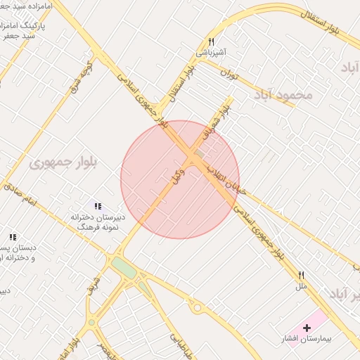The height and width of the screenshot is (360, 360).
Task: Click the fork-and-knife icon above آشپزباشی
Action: tap(211, 42)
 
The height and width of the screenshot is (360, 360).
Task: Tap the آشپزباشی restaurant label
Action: tap(211, 53)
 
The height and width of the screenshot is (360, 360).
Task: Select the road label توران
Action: tap(230, 73)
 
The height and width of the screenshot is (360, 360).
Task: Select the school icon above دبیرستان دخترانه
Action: tap(98, 206)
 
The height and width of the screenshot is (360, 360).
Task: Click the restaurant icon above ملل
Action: tap(302, 275)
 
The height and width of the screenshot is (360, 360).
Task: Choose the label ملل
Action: tap(302, 286)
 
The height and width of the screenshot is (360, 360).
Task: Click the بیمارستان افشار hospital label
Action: tap(307, 339)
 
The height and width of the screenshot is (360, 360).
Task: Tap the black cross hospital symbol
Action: tap(307, 328)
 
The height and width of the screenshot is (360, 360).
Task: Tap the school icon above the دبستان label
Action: tap(13, 238)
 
